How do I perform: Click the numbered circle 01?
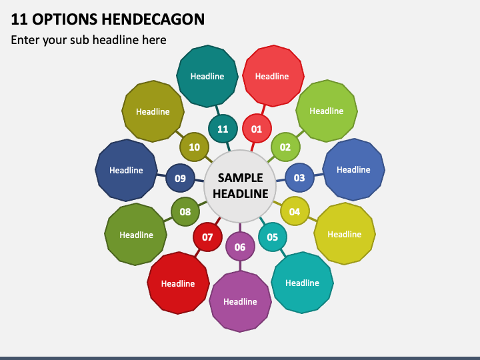pyautogui.click(x=257, y=129)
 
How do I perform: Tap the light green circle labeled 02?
pyautogui.click(x=285, y=147)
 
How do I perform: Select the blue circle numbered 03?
pyautogui.click(x=299, y=177)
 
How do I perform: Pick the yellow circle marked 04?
pyautogui.click(x=295, y=211)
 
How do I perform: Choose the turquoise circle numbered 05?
pyautogui.click(x=273, y=237)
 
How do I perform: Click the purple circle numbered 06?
pyautogui.click(x=240, y=247)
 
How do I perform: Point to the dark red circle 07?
pyautogui.click(x=207, y=237)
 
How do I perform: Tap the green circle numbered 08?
pyautogui.click(x=185, y=211)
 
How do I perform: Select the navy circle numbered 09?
pyautogui.click(x=180, y=178)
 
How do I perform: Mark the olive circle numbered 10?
pyautogui.click(x=195, y=147)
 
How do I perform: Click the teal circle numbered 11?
pyautogui.click(x=223, y=129)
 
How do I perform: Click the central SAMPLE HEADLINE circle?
pyautogui.click(x=240, y=186)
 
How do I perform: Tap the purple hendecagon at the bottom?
pyautogui.click(x=240, y=301)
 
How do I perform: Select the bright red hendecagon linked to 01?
pyautogui.click(x=273, y=76)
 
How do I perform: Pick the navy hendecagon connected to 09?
pyautogui.click(x=126, y=170)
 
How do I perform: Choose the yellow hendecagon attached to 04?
pyautogui.click(x=345, y=234)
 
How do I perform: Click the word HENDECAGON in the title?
pyautogui.click(x=153, y=19)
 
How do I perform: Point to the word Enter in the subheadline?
pyautogui.click(x=25, y=40)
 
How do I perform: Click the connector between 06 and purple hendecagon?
pyautogui.click(x=240, y=266)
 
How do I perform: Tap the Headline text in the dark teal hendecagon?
pyautogui.click(x=207, y=76)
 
